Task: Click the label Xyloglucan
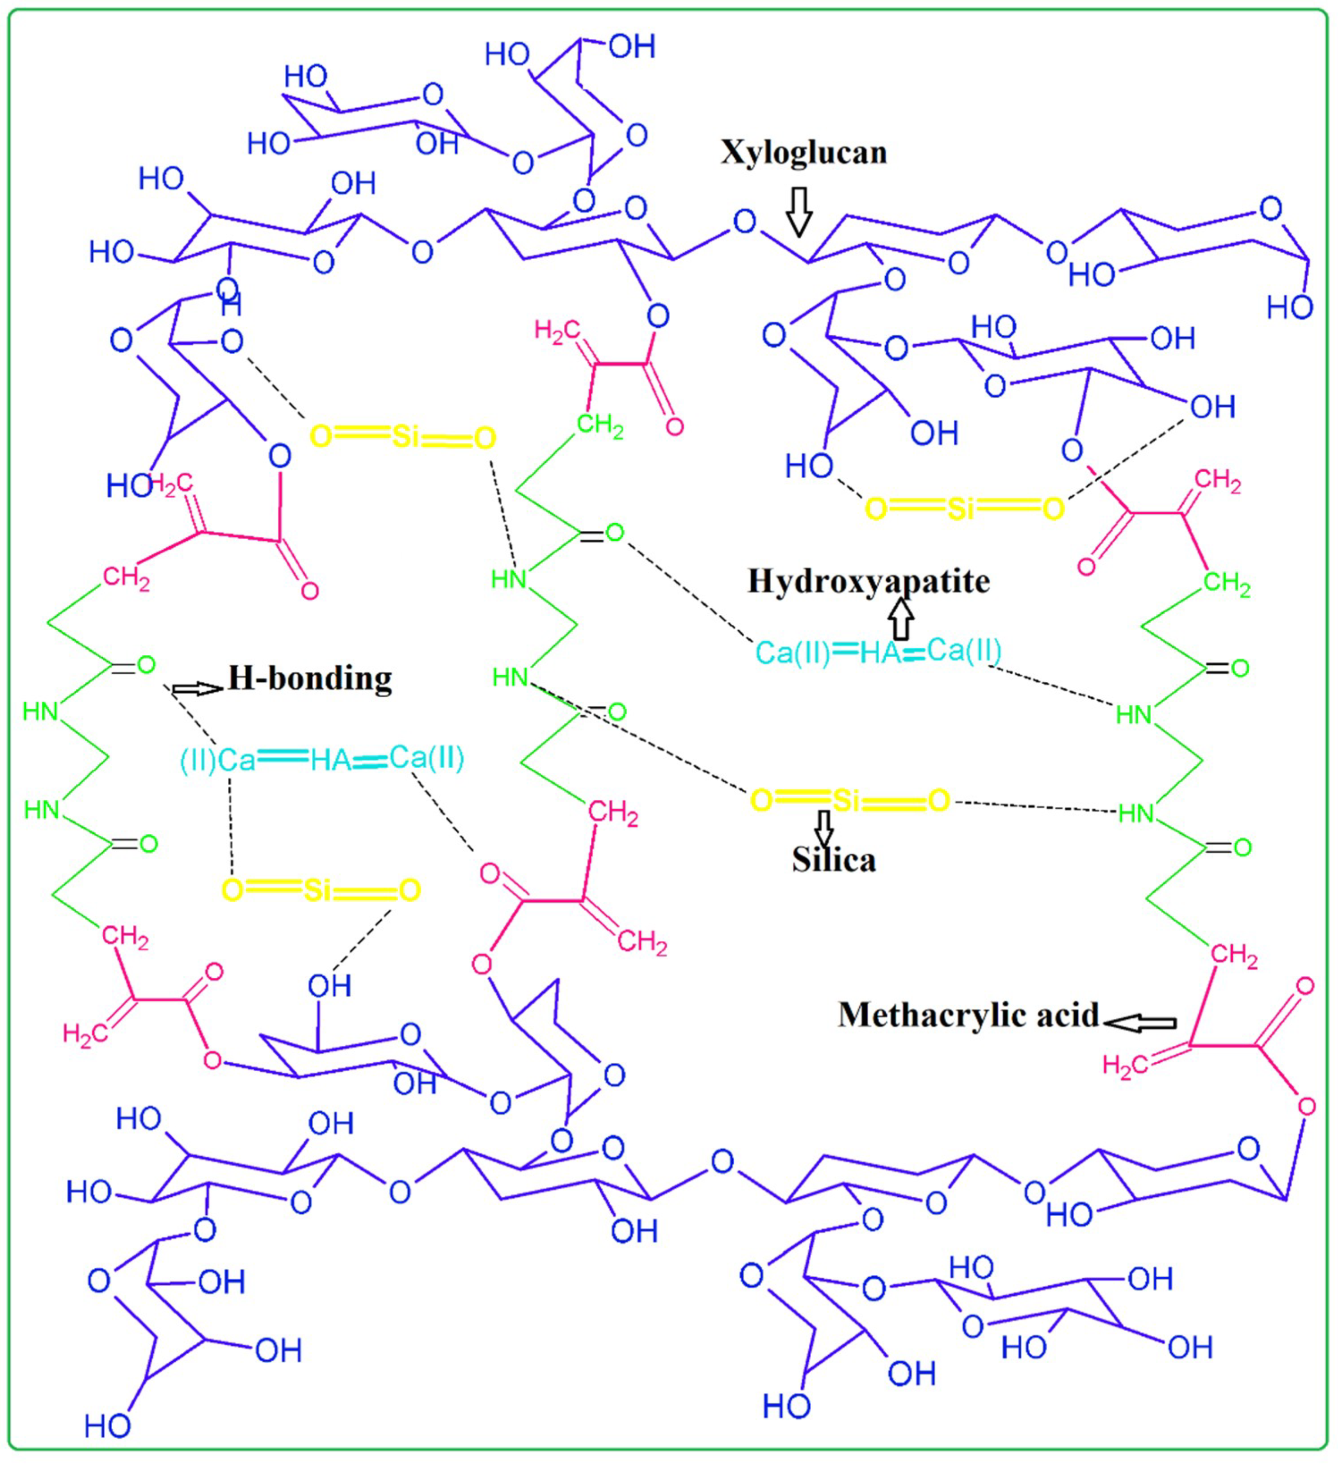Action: click(803, 152)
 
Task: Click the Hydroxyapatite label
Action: click(869, 582)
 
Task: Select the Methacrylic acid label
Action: click(968, 1015)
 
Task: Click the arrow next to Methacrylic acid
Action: click(1140, 1023)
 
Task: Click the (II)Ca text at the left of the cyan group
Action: click(218, 760)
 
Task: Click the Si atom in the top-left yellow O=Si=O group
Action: click(405, 437)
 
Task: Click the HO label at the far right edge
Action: click(1290, 308)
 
